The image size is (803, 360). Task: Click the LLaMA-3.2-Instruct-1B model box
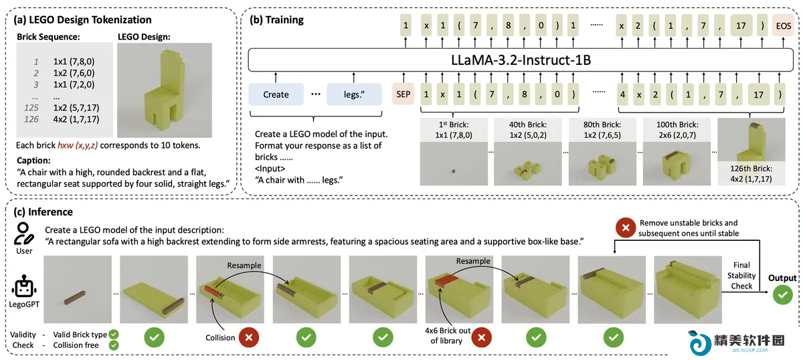(x=521, y=60)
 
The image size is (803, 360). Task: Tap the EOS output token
(x=784, y=26)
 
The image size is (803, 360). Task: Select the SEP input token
(x=404, y=94)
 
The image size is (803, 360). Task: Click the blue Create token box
(x=276, y=94)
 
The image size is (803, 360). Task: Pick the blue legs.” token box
(x=354, y=94)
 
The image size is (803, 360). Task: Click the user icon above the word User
(x=23, y=234)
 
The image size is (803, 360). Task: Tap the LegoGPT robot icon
(x=24, y=286)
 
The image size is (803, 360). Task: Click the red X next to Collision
(x=249, y=337)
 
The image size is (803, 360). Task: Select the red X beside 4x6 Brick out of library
(x=481, y=337)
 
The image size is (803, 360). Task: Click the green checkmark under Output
(x=782, y=294)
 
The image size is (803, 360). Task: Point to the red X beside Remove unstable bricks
(x=626, y=228)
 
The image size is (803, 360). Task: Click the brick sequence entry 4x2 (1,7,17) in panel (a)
(x=76, y=119)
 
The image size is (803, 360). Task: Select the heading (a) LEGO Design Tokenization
(x=82, y=19)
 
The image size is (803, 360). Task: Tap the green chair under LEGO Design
(x=165, y=91)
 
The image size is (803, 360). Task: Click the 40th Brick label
(x=528, y=124)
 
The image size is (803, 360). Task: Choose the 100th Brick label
(x=677, y=124)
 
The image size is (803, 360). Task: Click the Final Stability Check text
(x=741, y=276)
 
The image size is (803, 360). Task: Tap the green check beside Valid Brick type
(x=114, y=335)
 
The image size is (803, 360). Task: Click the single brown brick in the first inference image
(x=74, y=298)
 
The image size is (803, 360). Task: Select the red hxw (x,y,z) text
(x=78, y=145)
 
